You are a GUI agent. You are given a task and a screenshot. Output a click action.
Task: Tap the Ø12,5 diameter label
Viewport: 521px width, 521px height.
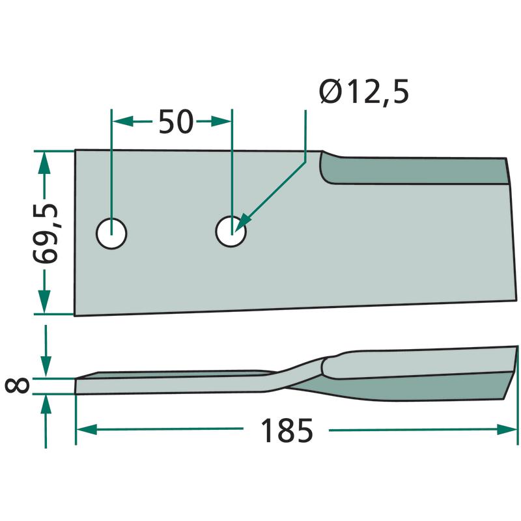[363, 92]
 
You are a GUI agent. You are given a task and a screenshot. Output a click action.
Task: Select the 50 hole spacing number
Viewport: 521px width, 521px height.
[176, 122]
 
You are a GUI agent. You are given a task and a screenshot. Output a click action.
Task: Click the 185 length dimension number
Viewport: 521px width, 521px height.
[287, 430]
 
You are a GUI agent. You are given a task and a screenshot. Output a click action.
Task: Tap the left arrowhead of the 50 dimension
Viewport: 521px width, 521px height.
[123, 122]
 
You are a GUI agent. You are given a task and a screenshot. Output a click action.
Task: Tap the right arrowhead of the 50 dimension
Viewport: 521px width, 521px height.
[221, 122]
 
